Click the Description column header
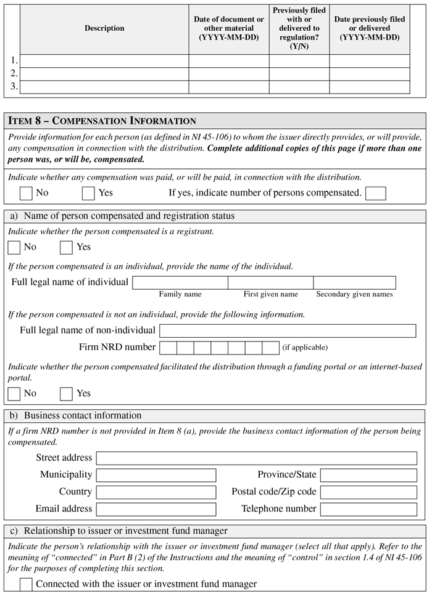pyautogui.click(x=104, y=28)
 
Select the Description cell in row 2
pyautogui.click(x=104, y=74)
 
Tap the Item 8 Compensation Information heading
pyautogui.click(x=102, y=121)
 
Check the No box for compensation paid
pyautogui.click(x=26, y=194)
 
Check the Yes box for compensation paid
pyautogui.click(x=88, y=194)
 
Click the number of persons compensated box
pyautogui.click(x=375, y=194)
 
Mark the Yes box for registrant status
pyautogui.click(x=66, y=248)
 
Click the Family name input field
pyautogui.click(x=180, y=283)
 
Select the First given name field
pyautogui.click(x=270, y=283)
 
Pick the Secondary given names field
pyautogui.click(x=354, y=283)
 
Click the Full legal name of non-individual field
pyautogui.click(x=288, y=331)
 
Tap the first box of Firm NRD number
pyautogui.click(x=168, y=348)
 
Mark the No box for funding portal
pyautogui.click(x=14, y=394)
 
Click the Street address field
pyautogui.click(x=256, y=459)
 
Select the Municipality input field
pyautogui.click(x=156, y=475)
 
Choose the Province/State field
pyautogui.click(x=368, y=475)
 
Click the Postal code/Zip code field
pyautogui.click(x=368, y=492)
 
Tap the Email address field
pyautogui.click(x=156, y=510)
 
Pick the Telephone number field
pyautogui.click(x=368, y=510)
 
